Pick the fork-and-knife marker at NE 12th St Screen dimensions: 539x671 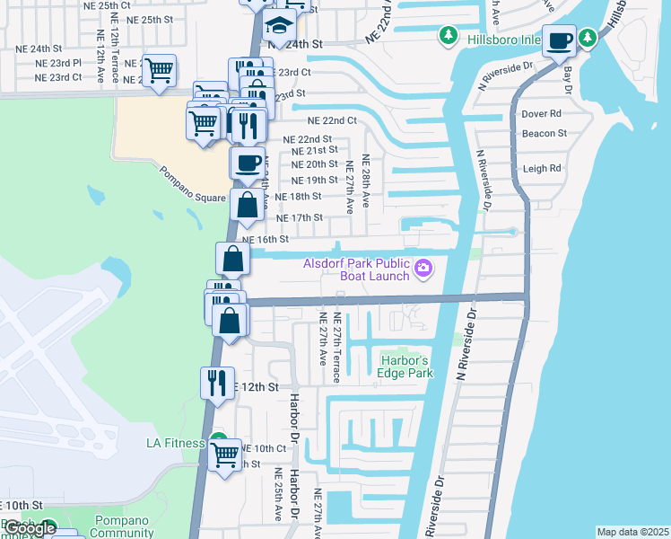217,383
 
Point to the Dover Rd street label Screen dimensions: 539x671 541,114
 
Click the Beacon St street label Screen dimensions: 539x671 545,133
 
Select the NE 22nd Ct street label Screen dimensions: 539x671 332,120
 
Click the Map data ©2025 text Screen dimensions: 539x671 632,532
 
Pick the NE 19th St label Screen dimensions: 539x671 314,181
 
